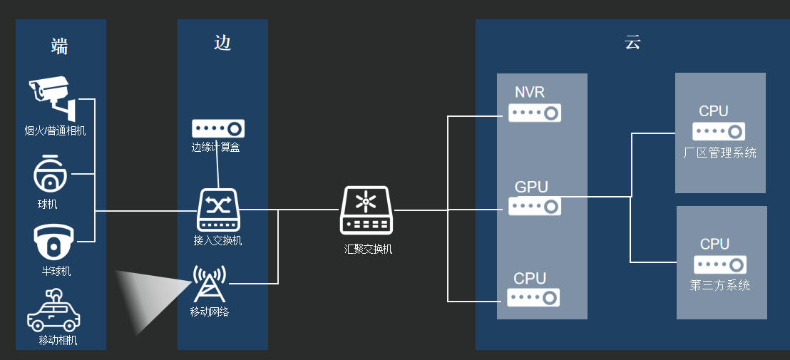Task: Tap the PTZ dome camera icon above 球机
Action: pos(51,173)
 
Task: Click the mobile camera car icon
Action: pos(53,311)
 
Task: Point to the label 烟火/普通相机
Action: pos(55,130)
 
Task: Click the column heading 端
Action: pos(60,47)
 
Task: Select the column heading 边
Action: pos(222,43)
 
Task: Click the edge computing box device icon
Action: pos(218,128)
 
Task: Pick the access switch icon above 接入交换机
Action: pos(218,210)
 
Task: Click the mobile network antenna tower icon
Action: pos(210,284)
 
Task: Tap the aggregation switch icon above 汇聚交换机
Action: pos(366,210)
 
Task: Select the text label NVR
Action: pos(530,93)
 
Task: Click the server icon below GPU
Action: pos(535,206)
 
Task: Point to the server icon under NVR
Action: pos(535,113)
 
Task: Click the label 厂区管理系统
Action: pos(719,153)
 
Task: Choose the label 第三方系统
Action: pos(720,286)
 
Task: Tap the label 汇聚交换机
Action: pos(368,250)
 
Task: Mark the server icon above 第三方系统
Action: pos(720,264)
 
